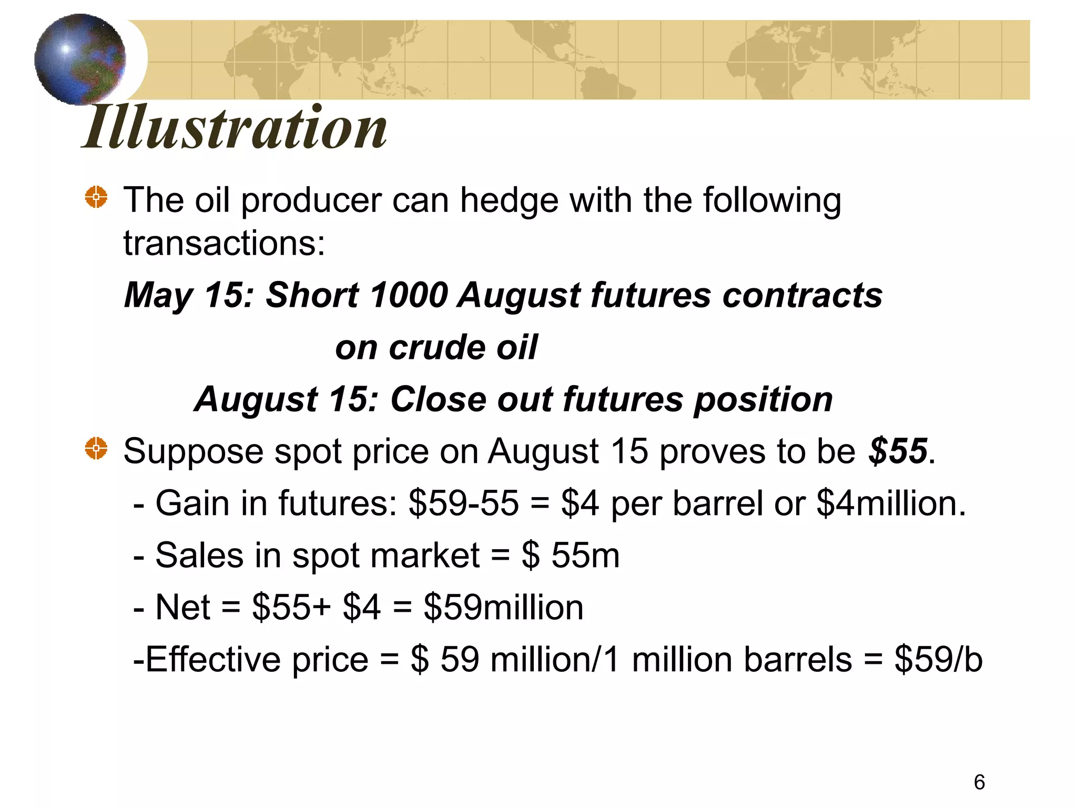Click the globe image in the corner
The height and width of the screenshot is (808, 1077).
(80, 59)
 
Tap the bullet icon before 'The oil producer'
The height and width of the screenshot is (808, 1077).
(96, 197)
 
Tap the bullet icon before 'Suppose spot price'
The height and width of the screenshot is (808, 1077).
(96, 448)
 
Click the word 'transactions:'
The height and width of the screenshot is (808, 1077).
(225, 244)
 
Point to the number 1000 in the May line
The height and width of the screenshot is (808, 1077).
(409, 295)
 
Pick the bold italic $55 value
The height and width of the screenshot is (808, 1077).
(897, 451)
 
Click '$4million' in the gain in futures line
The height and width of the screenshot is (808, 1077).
(890, 503)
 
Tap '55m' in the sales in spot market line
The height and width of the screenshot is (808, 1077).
(585, 555)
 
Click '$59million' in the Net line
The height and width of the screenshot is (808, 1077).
(503, 608)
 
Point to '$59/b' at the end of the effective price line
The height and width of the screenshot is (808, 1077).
(938, 660)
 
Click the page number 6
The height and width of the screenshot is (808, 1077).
(979, 782)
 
